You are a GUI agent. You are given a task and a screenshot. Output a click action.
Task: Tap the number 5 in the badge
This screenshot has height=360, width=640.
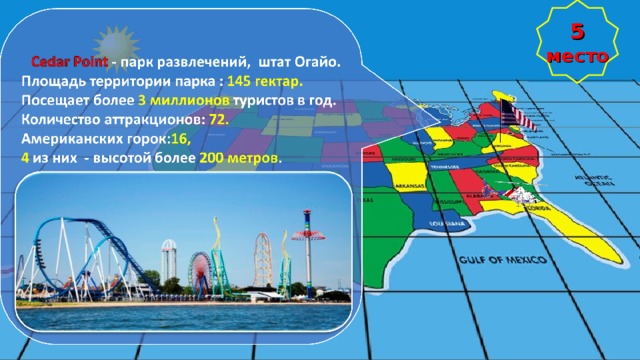pyautogui.click(x=578, y=32)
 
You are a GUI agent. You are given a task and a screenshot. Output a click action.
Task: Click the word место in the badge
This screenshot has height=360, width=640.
pyautogui.click(x=578, y=56)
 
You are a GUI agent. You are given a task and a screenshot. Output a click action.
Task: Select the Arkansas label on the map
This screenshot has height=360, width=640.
pyautogui.click(x=409, y=186)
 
